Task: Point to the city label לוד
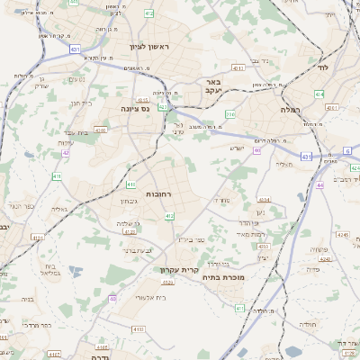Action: (323, 67)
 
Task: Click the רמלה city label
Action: (314, 109)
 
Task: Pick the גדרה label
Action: (99, 357)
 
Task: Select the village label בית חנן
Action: (80, 103)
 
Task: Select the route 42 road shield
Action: (66, 153)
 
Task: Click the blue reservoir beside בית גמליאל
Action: (75, 272)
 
